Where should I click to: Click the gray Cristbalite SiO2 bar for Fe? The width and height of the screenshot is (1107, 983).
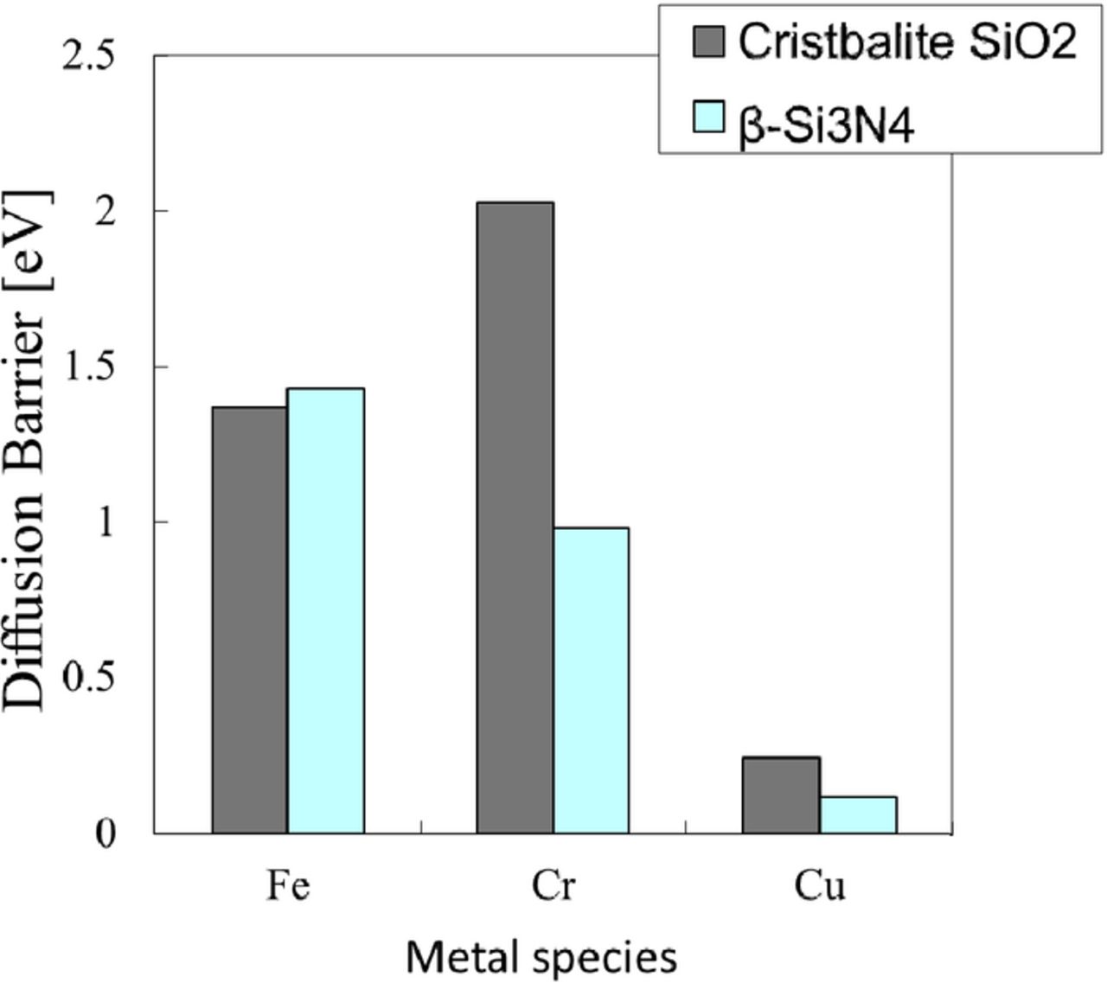point(250,620)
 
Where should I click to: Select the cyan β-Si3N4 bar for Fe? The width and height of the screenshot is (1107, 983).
point(326,610)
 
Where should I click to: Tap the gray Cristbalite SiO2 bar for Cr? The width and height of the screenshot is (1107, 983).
point(515,518)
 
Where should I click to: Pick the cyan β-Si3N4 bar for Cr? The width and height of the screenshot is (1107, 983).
point(592,680)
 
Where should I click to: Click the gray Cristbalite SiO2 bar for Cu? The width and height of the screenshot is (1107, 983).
point(781,795)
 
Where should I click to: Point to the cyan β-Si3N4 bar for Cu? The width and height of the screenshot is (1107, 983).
point(858,815)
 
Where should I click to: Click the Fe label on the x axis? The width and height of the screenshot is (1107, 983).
point(287,887)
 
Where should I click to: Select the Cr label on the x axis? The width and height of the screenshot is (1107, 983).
point(553,887)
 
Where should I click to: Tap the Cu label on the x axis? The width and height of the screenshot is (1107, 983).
point(818,887)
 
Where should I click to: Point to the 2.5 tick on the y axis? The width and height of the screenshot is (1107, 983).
point(91,57)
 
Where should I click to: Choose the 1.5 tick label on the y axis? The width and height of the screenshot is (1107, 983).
point(91,368)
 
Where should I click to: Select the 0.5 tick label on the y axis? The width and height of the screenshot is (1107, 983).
point(91,680)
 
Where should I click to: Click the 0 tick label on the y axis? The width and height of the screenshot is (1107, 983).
point(105,835)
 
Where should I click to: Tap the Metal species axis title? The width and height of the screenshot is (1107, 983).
point(541,957)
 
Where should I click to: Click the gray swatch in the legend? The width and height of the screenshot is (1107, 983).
point(709,41)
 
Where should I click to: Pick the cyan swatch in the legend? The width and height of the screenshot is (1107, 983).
point(709,117)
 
